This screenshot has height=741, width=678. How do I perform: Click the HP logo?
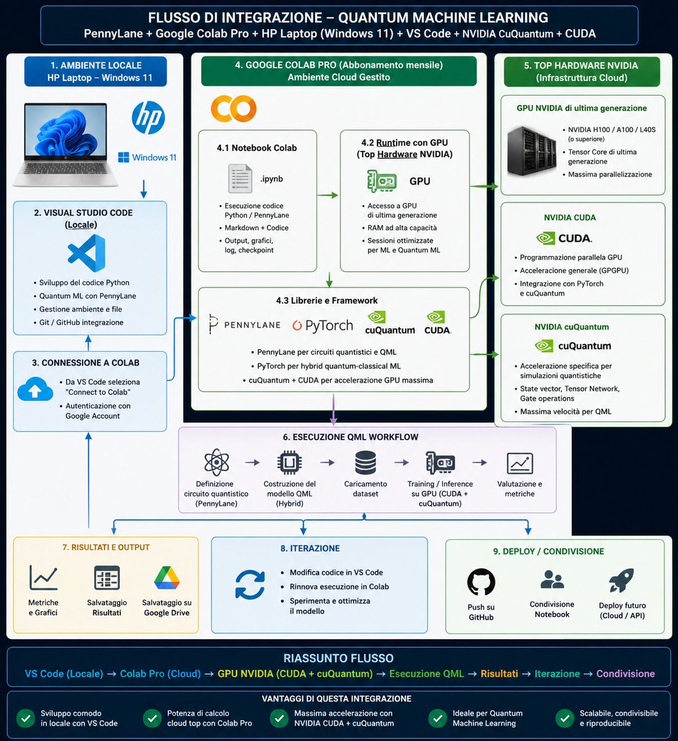click(148, 117)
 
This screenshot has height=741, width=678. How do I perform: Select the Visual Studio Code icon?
click(87, 253)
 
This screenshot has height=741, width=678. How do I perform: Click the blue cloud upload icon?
click(35, 389)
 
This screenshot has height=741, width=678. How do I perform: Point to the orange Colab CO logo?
click(233, 109)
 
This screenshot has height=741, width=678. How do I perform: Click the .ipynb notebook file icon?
click(240, 178)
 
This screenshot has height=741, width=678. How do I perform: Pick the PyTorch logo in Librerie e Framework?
click(323, 325)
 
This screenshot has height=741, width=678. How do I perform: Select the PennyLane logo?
click(244, 325)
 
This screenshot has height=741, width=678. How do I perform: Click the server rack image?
click(532, 151)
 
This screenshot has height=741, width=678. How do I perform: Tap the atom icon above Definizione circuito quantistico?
click(217, 463)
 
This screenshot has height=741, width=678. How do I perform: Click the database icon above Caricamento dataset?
click(365, 463)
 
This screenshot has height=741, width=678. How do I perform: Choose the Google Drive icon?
click(167, 578)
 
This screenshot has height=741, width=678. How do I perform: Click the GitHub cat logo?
click(481, 582)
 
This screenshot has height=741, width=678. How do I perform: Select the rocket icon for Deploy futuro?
click(621, 580)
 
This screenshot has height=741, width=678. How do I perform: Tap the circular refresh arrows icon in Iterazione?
click(250, 585)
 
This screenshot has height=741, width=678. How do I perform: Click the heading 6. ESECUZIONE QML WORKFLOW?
click(350, 437)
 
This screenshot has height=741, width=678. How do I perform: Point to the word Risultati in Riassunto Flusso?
click(499, 674)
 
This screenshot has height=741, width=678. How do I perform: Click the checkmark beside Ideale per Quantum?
click(438, 719)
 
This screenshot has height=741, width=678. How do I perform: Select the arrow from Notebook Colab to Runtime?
click(328, 195)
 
